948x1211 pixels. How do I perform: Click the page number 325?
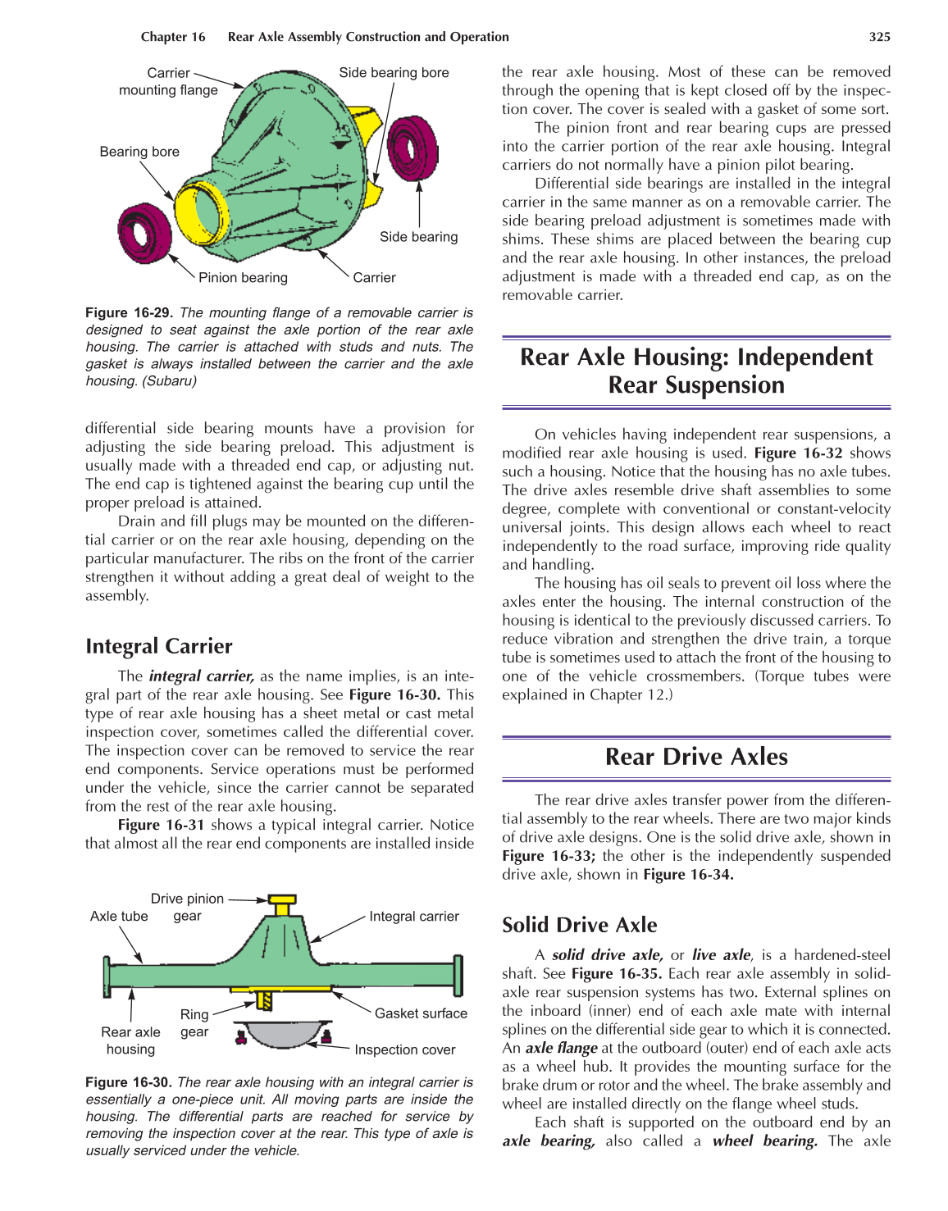pos(879,37)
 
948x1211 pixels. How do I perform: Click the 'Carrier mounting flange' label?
pos(168,81)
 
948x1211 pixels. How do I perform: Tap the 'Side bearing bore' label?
pos(394,73)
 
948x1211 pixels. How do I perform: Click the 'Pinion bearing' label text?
pos(243,278)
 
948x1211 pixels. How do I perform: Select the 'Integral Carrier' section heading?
pos(159,646)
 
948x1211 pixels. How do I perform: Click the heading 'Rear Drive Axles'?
pos(696,757)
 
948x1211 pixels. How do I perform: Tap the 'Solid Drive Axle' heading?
pos(579,925)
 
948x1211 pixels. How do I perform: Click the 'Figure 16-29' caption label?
pos(127,313)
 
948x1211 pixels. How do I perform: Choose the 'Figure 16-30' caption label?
pos(127,1082)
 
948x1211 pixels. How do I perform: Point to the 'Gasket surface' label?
pos(421,1013)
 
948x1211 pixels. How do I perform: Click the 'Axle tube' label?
pos(119,917)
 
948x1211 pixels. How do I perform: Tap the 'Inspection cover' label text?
pos(404,1049)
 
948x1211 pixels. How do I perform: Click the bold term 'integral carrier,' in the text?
pos(201,676)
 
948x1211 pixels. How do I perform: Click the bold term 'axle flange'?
pos(562,1048)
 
